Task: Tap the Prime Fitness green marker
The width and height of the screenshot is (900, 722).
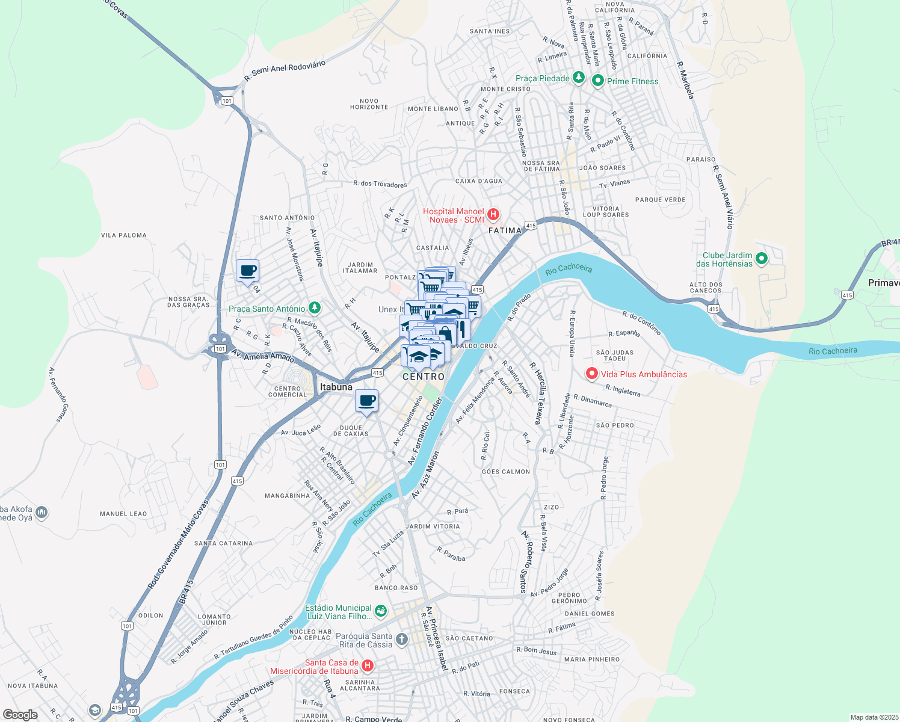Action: click(x=597, y=81)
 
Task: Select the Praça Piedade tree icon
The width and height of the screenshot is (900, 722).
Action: click(x=578, y=78)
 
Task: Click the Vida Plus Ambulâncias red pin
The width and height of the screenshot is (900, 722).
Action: click(x=591, y=374)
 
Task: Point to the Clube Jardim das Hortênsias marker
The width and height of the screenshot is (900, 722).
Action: click(x=761, y=259)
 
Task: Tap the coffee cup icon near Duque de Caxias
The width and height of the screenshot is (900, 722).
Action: click(x=366, y=401)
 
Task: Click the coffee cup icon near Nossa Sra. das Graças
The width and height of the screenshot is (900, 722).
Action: click(x=247, y=271)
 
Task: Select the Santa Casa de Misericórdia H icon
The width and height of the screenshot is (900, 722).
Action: click(x=367, y=666)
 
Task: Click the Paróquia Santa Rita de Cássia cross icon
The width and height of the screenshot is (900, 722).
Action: click(x=401, y=639)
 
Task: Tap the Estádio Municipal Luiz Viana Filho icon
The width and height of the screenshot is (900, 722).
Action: click(x=380, y=612)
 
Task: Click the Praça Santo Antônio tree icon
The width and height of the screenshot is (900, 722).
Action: click(x=314, y=308)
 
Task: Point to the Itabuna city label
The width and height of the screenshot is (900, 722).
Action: click(x=336, y=387)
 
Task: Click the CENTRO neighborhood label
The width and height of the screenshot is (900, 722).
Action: click(x=424, y=377)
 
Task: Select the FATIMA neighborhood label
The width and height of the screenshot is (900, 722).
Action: click(x=505, y=230)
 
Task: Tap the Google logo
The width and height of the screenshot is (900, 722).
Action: click(x=20, y=714)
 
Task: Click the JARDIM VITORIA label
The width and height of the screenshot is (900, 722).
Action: click(x=433, y=526)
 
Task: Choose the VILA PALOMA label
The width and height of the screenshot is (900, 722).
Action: click(x=124, y=235)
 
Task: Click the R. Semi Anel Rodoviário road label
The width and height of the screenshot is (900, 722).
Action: click(x=285, y=71)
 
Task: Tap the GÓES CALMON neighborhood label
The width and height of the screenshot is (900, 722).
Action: click(x=506, y=472)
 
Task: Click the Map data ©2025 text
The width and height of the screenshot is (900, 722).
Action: click(x=873, y=717)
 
